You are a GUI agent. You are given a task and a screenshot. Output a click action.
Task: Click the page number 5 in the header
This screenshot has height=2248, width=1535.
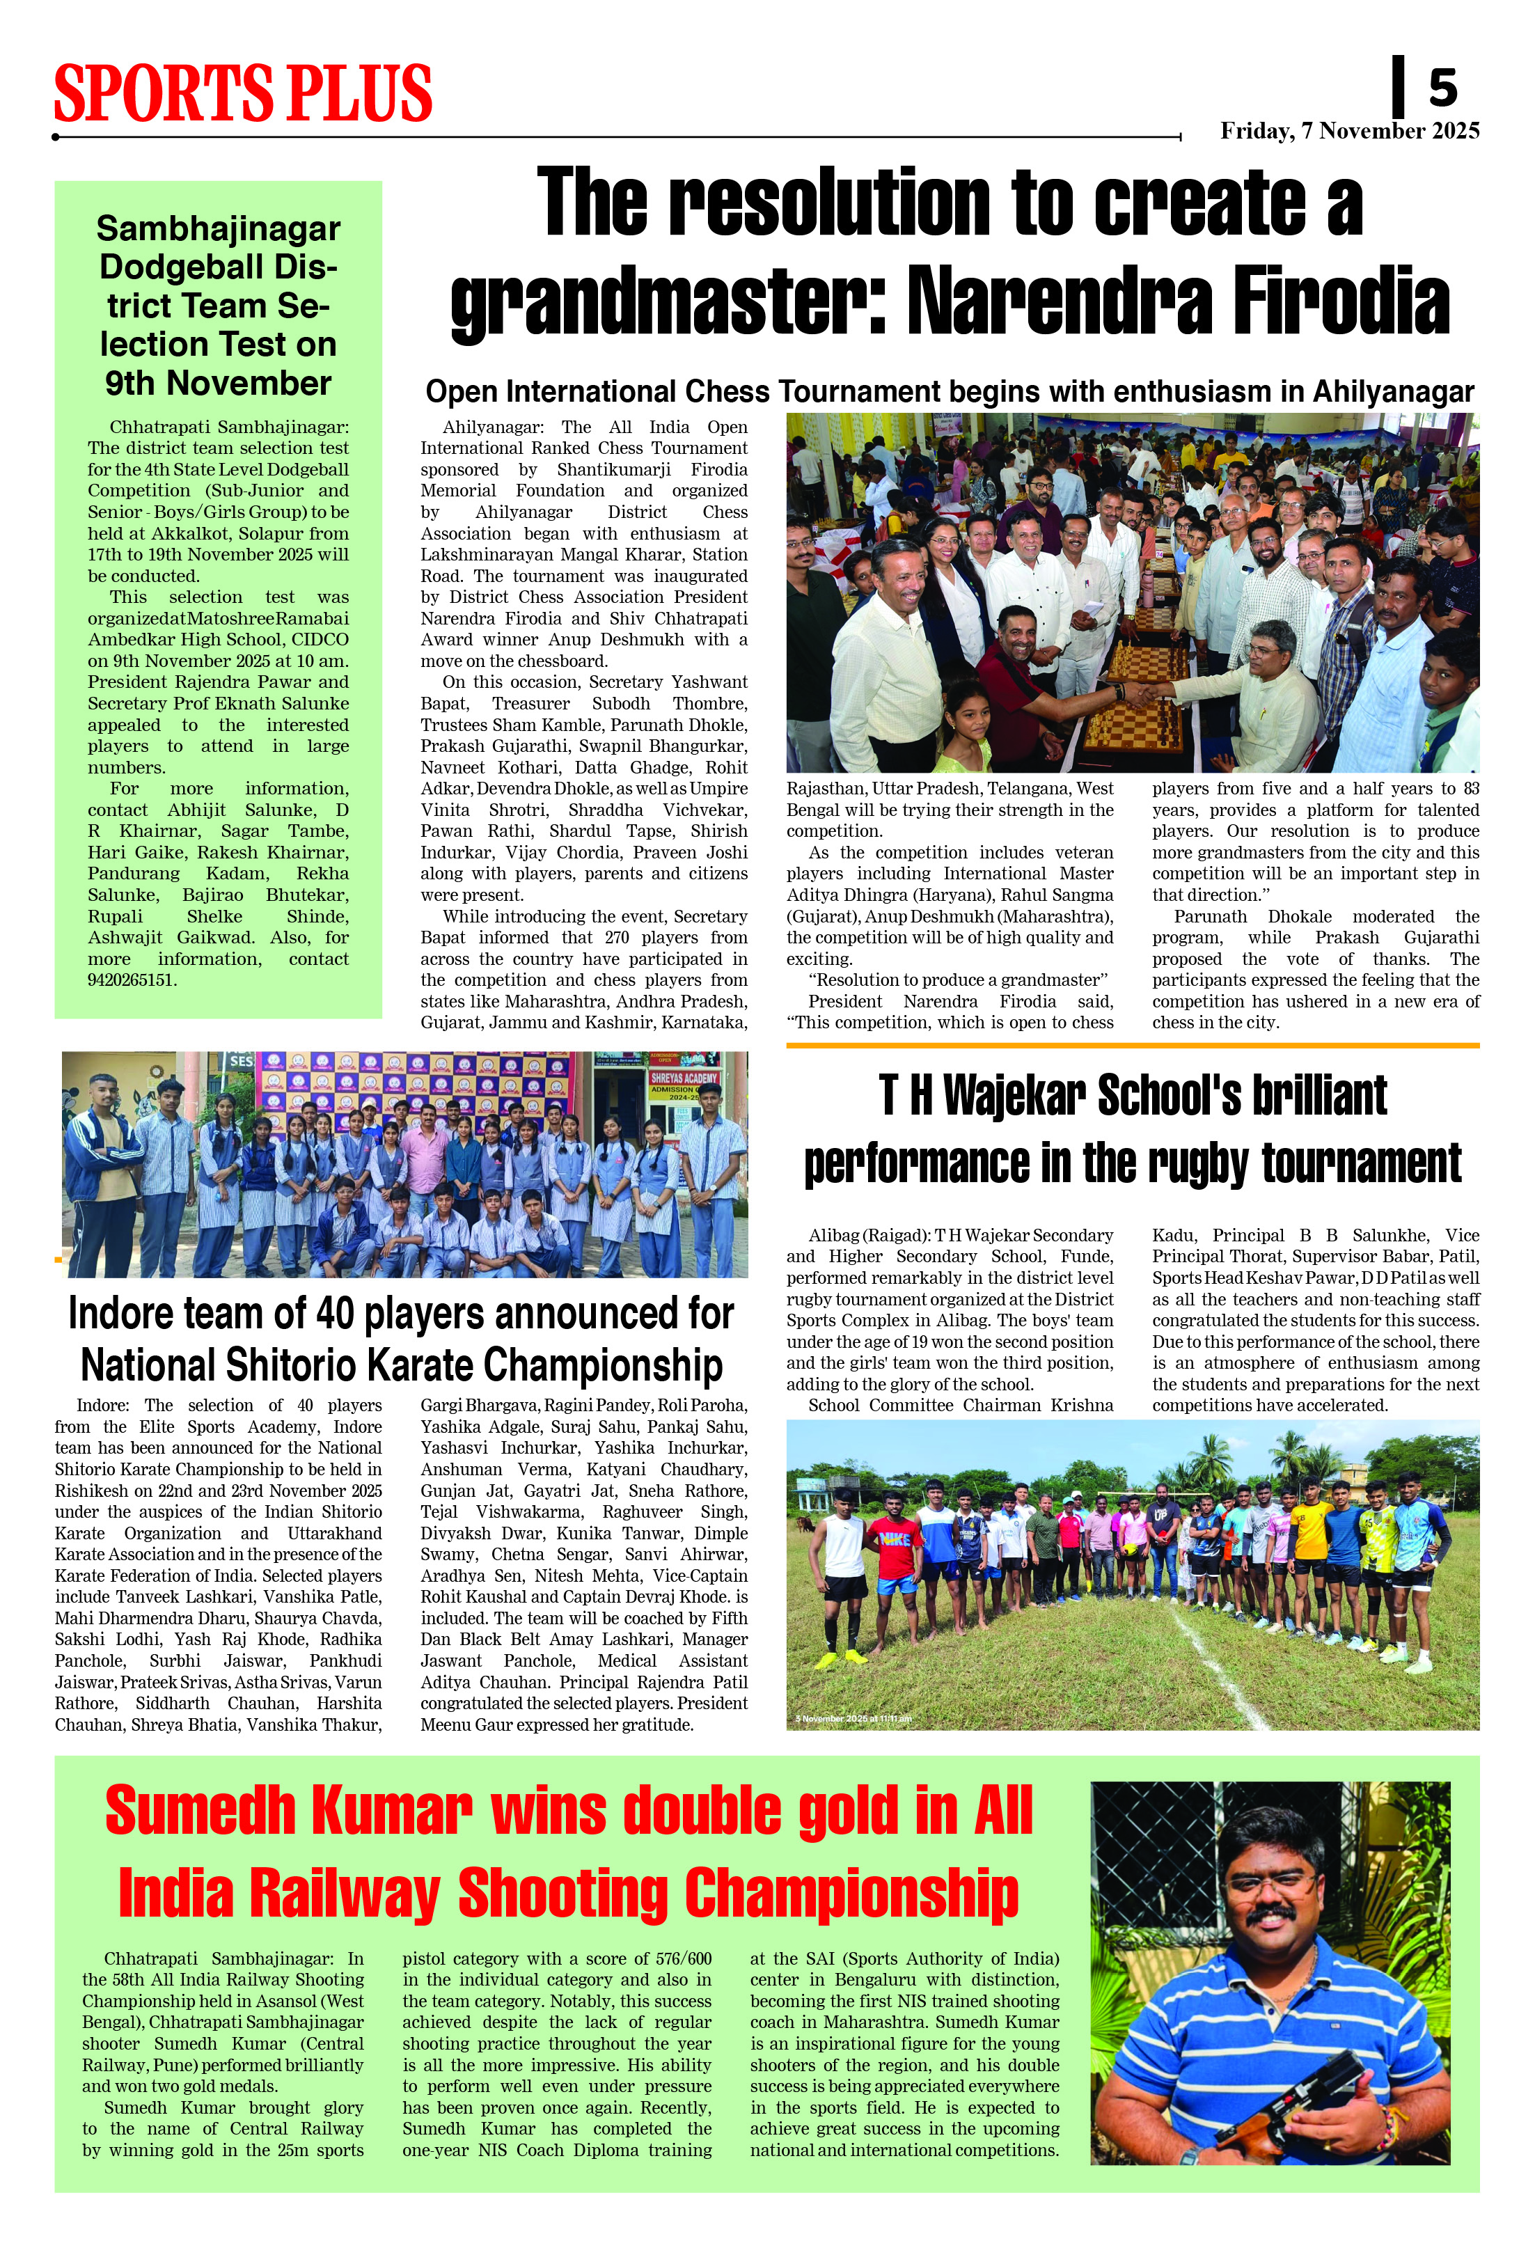(1442, 89)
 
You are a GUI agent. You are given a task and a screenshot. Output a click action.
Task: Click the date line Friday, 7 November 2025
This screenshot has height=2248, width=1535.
(1349, 132)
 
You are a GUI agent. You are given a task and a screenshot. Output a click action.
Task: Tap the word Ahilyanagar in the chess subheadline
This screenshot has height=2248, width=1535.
(1393, 392)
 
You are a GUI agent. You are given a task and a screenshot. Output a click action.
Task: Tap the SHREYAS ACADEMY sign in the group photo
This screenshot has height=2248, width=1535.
(683, 1078)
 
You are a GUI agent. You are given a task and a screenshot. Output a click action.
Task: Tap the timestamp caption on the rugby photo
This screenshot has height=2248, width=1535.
(852, 1719)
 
